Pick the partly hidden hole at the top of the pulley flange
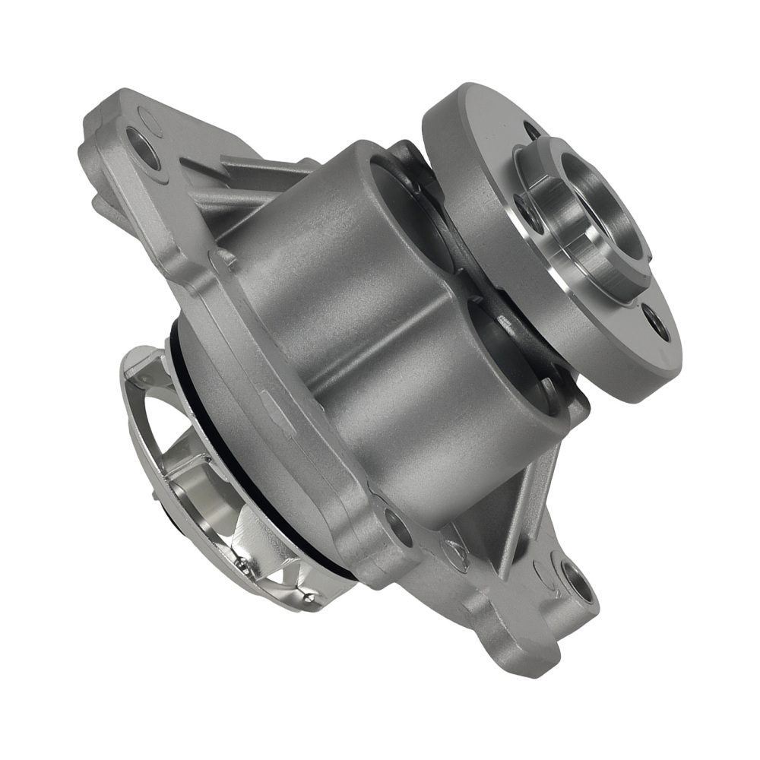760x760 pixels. click(x=533, y=129)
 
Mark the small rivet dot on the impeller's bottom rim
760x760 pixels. click(x=242, y=565)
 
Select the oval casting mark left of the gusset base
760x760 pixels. click(x=457, y=554)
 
